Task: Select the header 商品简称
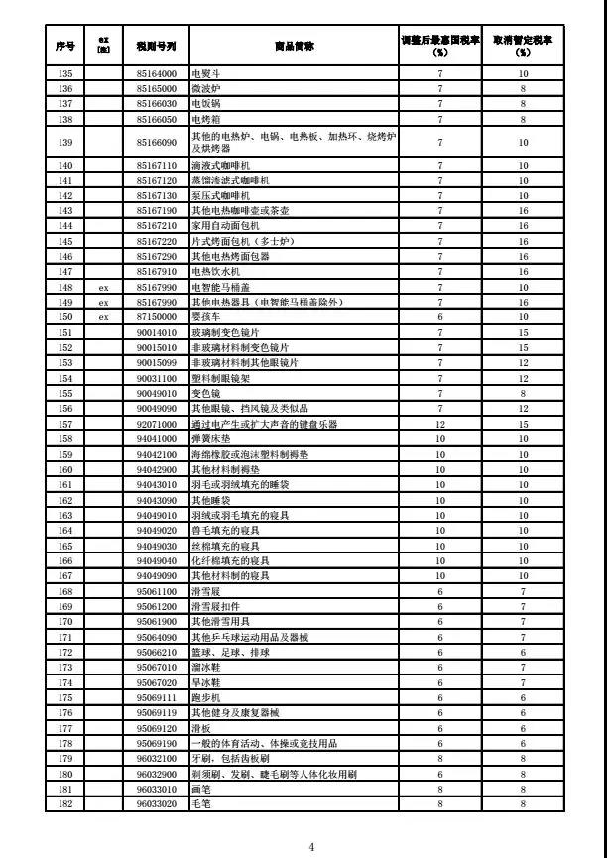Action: tap(295, 46)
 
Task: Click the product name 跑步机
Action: tap(205, 697)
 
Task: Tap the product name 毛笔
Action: tap(201, 802)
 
